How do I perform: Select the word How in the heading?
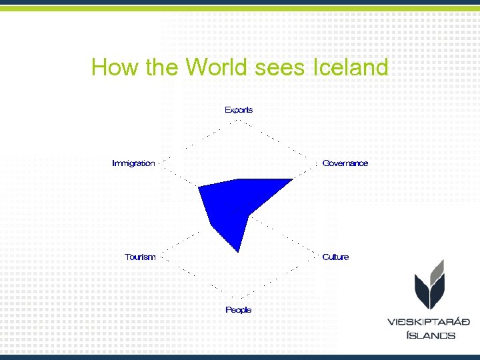click(113, 67)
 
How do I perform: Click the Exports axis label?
click(239, 110)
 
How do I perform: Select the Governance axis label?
click(345, 163)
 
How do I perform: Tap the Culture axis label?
click(335, 257)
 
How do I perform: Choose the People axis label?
click(239, 310)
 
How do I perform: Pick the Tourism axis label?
click(140, 257)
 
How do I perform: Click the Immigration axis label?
click(133, 163)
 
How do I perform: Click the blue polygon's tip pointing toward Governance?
click(293, 179)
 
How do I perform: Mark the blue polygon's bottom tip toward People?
click(239, 252)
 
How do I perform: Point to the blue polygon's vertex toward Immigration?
click(199, 188)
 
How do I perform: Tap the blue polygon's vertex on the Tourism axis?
click(211, 227)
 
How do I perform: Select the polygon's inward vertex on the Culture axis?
click(249, 215)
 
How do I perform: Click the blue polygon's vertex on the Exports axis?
click(239, 179)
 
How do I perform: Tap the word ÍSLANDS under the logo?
click(431, 335)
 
